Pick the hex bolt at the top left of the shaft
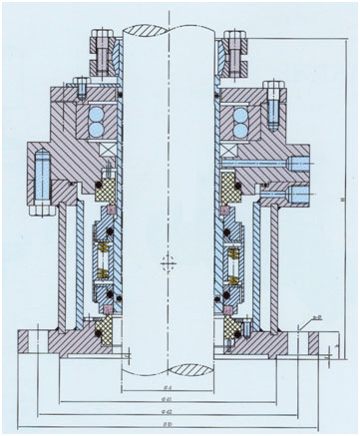[x=104, y=46]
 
